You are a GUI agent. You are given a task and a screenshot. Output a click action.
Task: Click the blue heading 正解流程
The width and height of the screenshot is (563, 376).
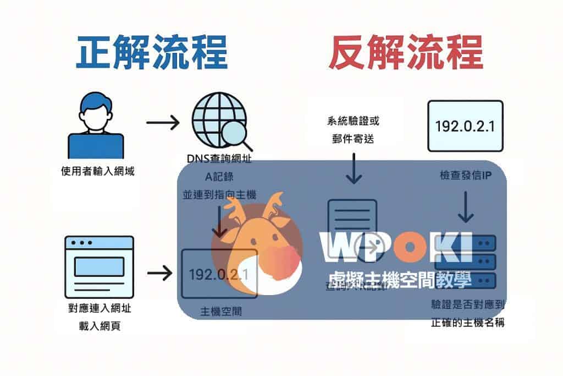pos(152,53)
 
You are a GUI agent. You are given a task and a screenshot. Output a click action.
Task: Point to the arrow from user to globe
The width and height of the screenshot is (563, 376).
pos(163,122)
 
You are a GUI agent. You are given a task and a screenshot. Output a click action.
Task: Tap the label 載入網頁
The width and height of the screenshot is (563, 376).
pos(100,326)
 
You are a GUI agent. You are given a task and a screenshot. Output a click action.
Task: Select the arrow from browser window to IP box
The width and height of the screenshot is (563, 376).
pos(161,272)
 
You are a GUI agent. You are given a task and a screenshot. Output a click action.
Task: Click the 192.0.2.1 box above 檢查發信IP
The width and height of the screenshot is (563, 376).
pos(465,126)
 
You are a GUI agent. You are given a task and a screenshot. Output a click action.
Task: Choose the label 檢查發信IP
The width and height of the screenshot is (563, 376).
pos(465,175)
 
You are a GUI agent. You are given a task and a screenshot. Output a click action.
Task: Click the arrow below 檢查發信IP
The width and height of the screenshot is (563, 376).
pos(466,206)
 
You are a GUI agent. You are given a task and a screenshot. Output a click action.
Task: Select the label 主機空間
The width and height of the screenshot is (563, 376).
pos(220,311)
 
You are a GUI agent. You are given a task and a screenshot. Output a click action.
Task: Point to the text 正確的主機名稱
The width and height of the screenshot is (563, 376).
pos(468,323)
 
